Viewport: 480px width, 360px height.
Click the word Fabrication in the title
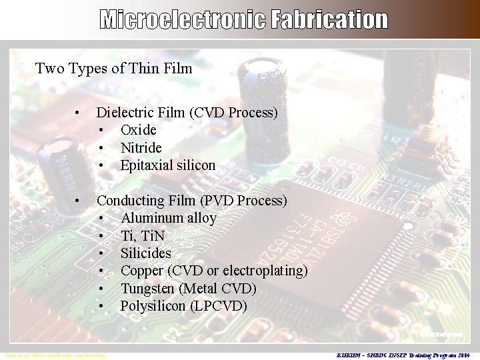pyautogui.click(x=329, y=20)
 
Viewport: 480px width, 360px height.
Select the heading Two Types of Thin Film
pyautogui.click(x=113, y=68)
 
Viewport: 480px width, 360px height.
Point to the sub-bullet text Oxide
pyautogui.click(x=138, y=130)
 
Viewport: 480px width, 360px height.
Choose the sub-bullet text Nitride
pyautogui.click(x=141, y=147)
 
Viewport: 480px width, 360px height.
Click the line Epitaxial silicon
pyautogui.click(x=168, y=165)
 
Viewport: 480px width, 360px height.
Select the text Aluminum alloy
pyautogui.click(x=169, y=218)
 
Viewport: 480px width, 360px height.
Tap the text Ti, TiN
pyautogui.click(x=142, y=236)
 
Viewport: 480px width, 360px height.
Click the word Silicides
pyautogui.click(x=145, y=253)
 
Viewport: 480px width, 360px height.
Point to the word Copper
pyautogui.click(x=142, y=271)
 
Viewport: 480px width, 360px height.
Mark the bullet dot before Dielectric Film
pyautogui.click(x=79, y=113)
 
